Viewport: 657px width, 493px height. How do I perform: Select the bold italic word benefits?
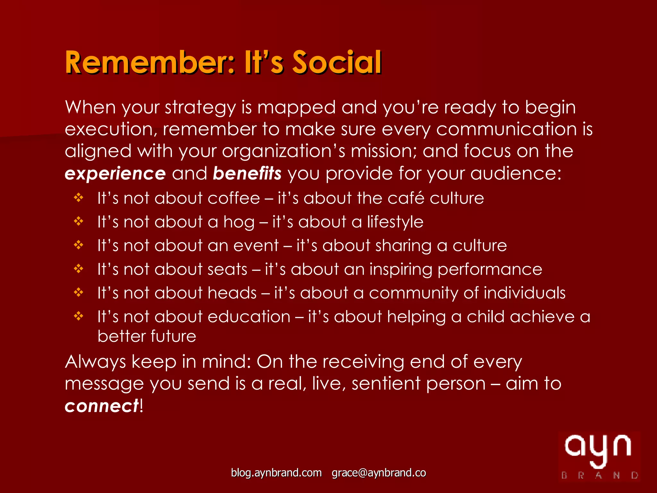click(x=247, y=174)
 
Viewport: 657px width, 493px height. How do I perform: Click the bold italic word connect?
click(x=102, y=406)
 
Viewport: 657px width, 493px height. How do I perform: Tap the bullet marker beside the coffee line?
click(x=79, y=198)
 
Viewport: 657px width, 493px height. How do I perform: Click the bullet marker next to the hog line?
click(x=79, y=221)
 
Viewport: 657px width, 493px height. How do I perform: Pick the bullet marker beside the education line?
click(x=79, y=316)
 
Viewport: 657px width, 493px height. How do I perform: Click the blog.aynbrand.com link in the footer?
click(x=276, y=473)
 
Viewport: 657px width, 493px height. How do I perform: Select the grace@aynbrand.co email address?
click(x=379, y=473)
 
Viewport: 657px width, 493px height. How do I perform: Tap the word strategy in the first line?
click(x=201, y=108)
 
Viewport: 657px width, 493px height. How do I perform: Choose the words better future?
click(x=147, y=336)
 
